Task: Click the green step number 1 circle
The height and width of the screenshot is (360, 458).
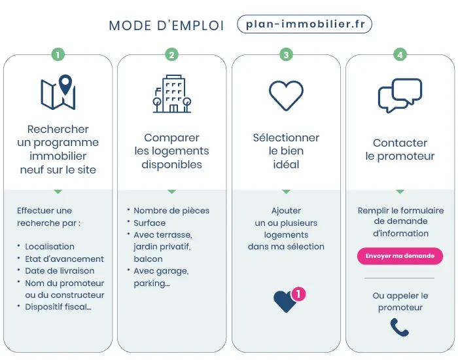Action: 58,55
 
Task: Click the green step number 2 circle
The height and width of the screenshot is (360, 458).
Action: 171,55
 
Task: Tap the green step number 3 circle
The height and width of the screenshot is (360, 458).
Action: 286,55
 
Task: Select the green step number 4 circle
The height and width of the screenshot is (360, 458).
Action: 400,55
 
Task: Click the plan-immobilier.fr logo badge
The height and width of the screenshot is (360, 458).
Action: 304,25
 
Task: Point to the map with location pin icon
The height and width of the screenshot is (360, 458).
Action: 58,92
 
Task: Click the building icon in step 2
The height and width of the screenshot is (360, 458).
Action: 172,94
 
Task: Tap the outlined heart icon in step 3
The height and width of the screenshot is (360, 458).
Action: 286,95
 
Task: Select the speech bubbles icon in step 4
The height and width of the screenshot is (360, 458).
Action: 400,96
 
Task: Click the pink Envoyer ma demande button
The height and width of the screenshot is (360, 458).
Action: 400,256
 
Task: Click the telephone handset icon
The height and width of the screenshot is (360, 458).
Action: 399,327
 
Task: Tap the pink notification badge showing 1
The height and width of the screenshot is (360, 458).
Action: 298,294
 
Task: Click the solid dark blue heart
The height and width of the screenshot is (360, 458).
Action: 285,302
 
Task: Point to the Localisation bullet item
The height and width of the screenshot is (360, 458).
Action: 50,247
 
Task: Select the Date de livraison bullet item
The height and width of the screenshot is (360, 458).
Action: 60,271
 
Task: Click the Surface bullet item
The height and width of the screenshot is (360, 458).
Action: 150,223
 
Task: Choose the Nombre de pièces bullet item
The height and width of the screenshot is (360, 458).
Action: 171,211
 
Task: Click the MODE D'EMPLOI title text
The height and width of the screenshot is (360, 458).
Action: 166,26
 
